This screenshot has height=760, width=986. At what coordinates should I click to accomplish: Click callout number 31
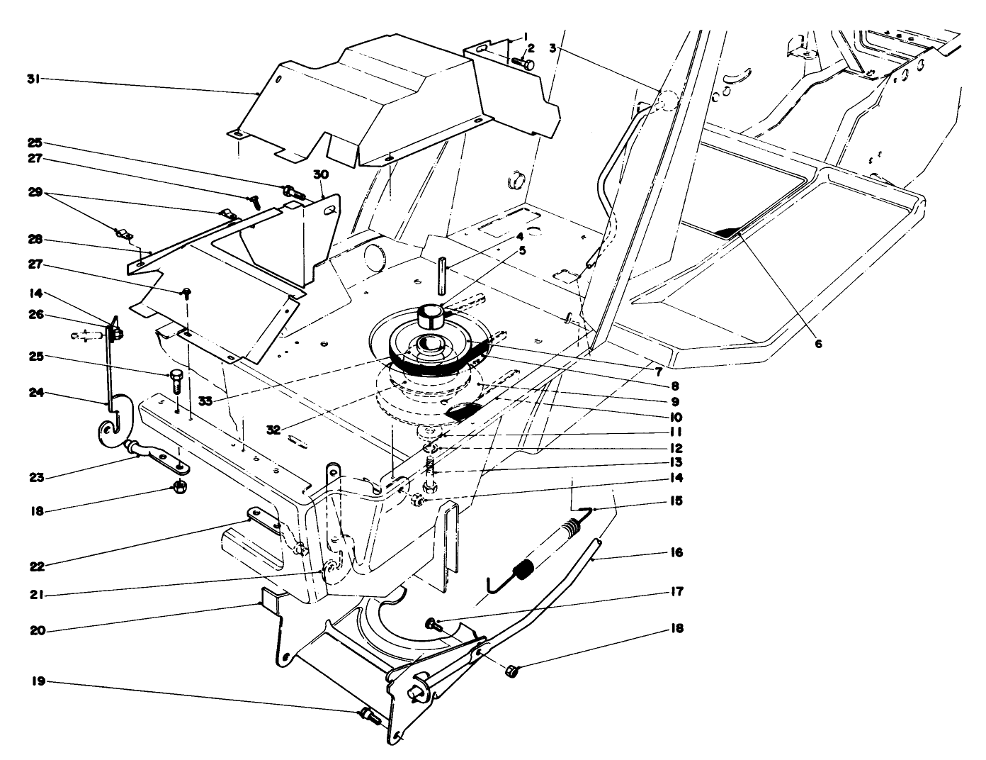(32, 79)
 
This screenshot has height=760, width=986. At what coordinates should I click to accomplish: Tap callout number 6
(818, 343)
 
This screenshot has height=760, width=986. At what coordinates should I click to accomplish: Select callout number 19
(39, 681)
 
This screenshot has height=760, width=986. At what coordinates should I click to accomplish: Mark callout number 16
(676, 552)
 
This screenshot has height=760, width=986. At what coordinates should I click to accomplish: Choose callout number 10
(676, 417)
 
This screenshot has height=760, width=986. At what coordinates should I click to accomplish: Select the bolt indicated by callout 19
(370, 717)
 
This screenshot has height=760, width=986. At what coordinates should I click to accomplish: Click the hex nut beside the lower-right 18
(513, 670)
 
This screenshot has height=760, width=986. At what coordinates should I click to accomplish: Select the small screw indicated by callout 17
(431, 624)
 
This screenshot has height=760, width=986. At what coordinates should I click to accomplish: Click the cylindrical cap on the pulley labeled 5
(429, 315)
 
